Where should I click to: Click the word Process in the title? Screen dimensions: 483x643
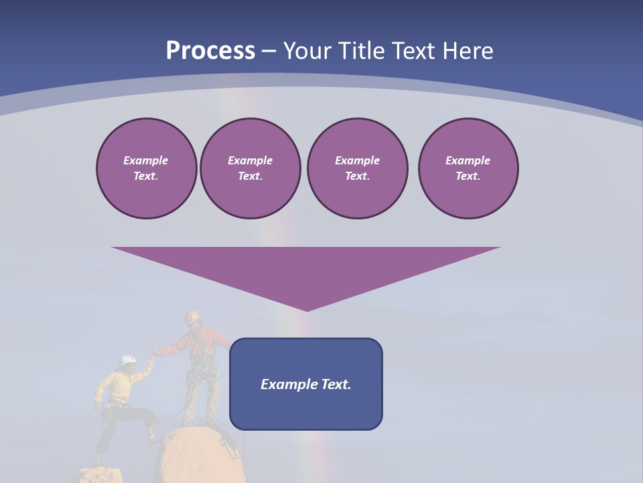coord(210,51)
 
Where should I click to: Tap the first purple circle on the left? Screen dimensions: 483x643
coord(146,168)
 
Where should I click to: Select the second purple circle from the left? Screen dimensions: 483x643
coord(250,168)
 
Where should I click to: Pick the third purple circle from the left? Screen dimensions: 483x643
coord(357,168)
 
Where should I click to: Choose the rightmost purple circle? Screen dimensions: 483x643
coord(468,168)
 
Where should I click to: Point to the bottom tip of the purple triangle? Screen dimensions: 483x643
coord(307,309)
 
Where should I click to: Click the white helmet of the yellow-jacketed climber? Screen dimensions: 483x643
coord(128,361)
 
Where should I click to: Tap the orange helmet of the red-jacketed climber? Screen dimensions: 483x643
coord(193,315)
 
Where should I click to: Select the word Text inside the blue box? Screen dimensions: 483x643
coord(335,384)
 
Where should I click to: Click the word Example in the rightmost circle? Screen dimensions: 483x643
coord(468,160)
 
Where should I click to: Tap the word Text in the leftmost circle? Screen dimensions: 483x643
coord(145,176)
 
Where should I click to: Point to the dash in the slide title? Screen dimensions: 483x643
coord(269,52)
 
